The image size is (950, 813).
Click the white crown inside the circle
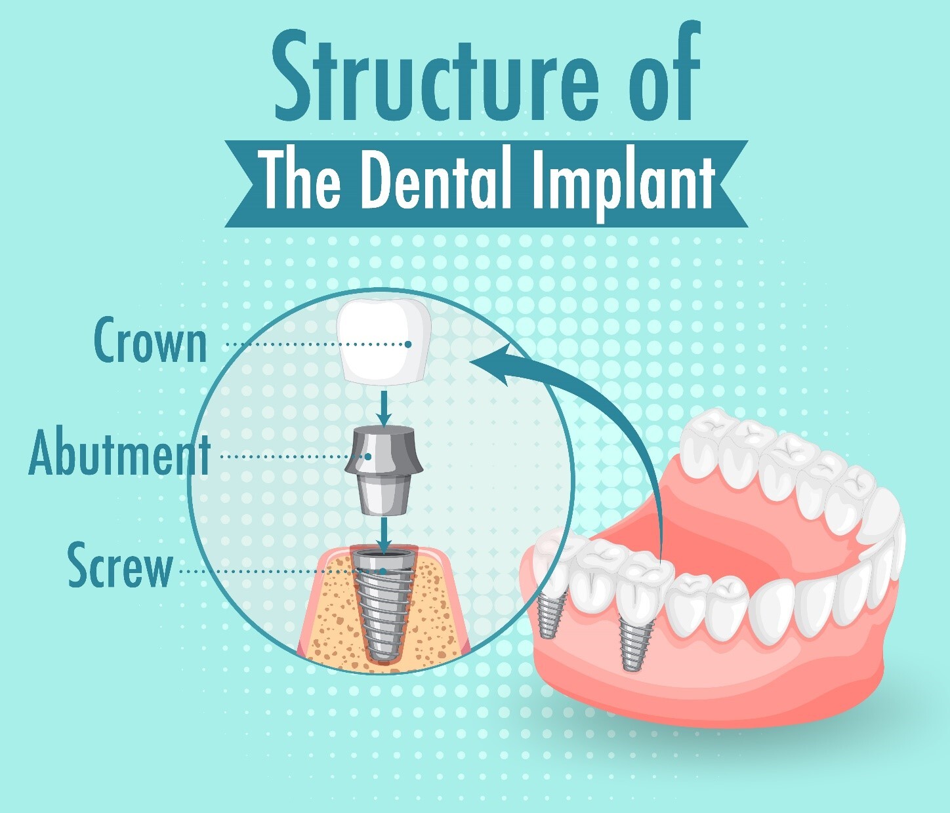tap(384, 340)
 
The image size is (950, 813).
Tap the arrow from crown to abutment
tap(384, 406)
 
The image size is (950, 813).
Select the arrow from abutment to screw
tap(384, 534)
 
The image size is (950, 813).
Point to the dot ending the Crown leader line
tap(407, 344)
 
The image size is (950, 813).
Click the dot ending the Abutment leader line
tap(368, 456)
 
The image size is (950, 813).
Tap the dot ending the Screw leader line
tap(384, 571)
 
